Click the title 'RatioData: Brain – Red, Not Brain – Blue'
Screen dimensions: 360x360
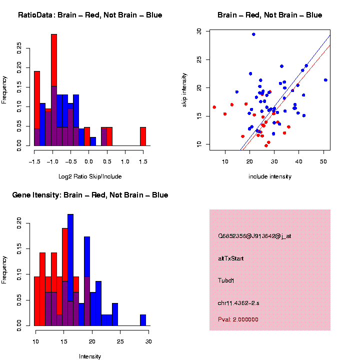click(x=90, y=15)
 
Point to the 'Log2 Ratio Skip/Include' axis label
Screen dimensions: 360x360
click(x=90, y=176)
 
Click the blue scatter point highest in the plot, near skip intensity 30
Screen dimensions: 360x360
click(x=253, y=34)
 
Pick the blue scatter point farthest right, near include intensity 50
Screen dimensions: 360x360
click(x=325, y=80)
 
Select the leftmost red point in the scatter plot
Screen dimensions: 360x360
click(x=214, y=107)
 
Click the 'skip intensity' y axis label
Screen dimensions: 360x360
click(x=184, y=89)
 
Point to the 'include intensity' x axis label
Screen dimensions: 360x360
click(x=270, y=176)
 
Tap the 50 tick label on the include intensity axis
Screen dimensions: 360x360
click(x=323, y=161)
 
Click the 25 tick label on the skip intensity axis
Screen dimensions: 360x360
click(x=199, y=59)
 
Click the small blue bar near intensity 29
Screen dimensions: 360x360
click(x=143, y=320)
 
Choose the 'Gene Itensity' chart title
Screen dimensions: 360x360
click(x=90, y=195)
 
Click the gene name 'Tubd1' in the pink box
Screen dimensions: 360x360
click(x=226, y=280)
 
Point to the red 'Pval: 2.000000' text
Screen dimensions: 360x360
click(x=238, y=319)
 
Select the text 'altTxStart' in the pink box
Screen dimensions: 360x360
click(x=231, y=258)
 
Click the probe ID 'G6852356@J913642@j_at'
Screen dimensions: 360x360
click(x=254, y=236)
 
